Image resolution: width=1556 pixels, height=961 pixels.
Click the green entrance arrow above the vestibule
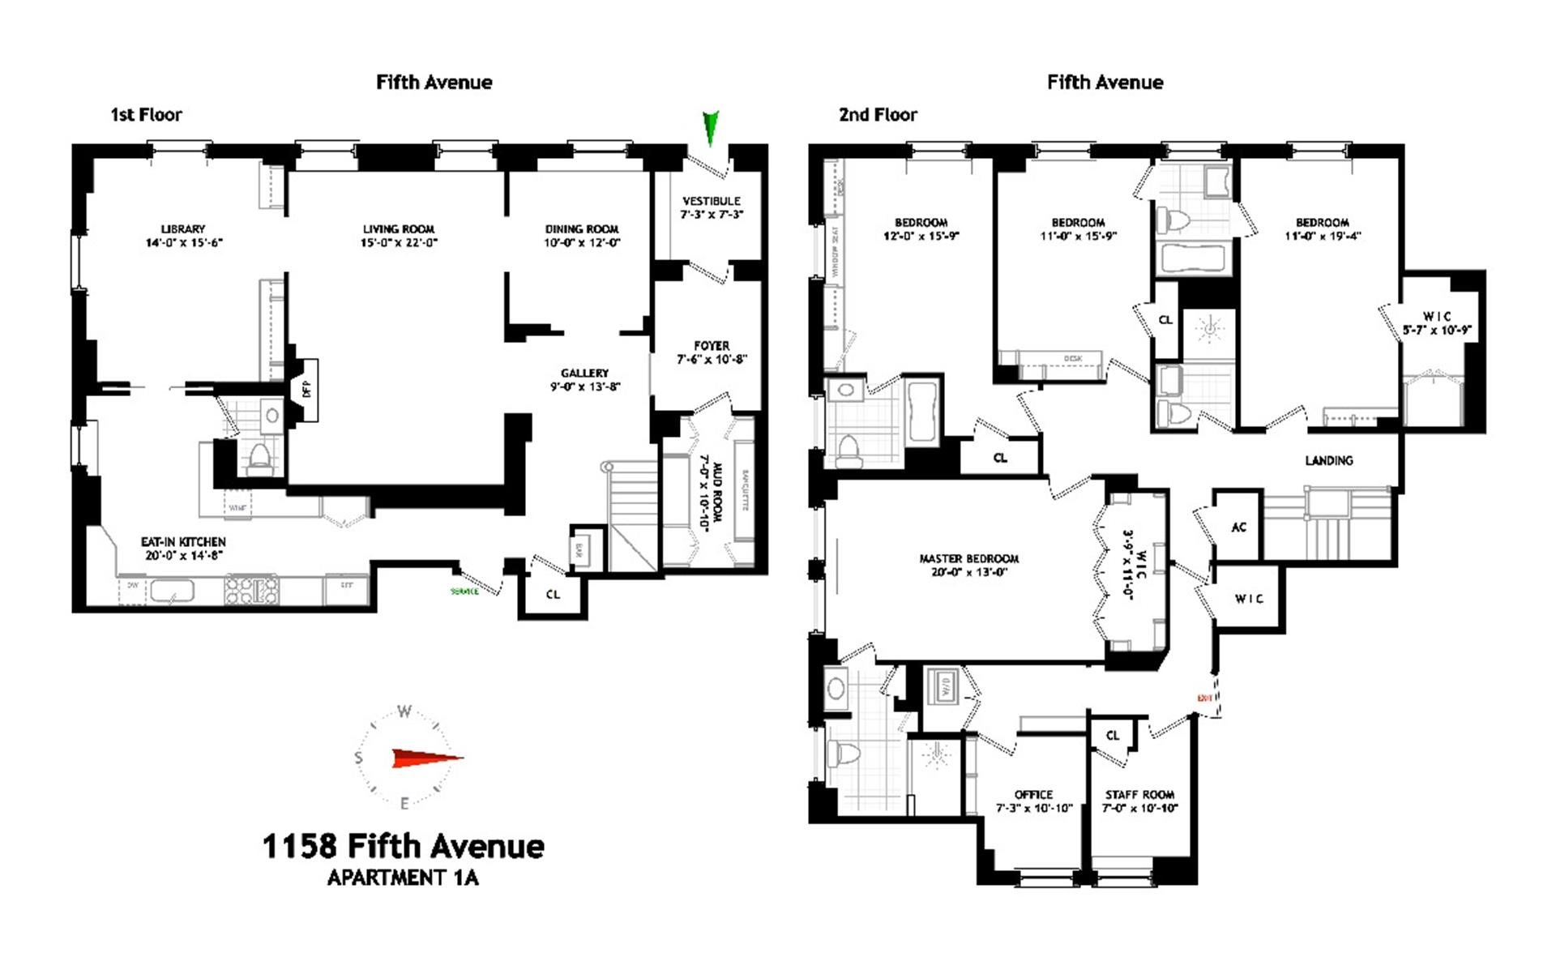click(711, 127)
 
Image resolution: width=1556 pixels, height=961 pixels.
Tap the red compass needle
click(426, 758)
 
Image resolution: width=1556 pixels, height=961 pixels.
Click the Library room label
click(182, 229)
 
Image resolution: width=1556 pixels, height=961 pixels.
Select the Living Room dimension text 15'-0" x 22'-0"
click(399, 242)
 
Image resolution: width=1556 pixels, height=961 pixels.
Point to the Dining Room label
click(582, 229)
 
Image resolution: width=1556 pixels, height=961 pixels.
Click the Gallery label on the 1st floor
click(584, 373)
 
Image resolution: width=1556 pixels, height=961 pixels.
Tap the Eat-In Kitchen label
click(183, 541)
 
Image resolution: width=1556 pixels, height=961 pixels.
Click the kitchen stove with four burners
click(251, 589)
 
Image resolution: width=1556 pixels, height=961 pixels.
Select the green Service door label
click(464, 592)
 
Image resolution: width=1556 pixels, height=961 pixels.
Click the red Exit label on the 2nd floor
click(1204, 698)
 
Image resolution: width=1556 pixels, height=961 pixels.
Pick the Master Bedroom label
click(968, 558)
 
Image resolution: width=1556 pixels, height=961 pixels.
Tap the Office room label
click(1033, 794)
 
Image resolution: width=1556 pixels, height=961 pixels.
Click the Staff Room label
click(1139, 794)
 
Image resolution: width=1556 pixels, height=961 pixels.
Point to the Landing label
click(1328, 460)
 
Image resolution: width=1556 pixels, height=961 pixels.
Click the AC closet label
click(1238, 527)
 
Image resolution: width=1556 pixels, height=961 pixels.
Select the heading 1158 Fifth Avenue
click(403, 846)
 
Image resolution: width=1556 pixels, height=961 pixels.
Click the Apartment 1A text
click(403, 878)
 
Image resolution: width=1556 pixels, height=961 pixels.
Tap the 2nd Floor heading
click(878, 114)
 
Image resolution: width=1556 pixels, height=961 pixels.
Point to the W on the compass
click(404, 711)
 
